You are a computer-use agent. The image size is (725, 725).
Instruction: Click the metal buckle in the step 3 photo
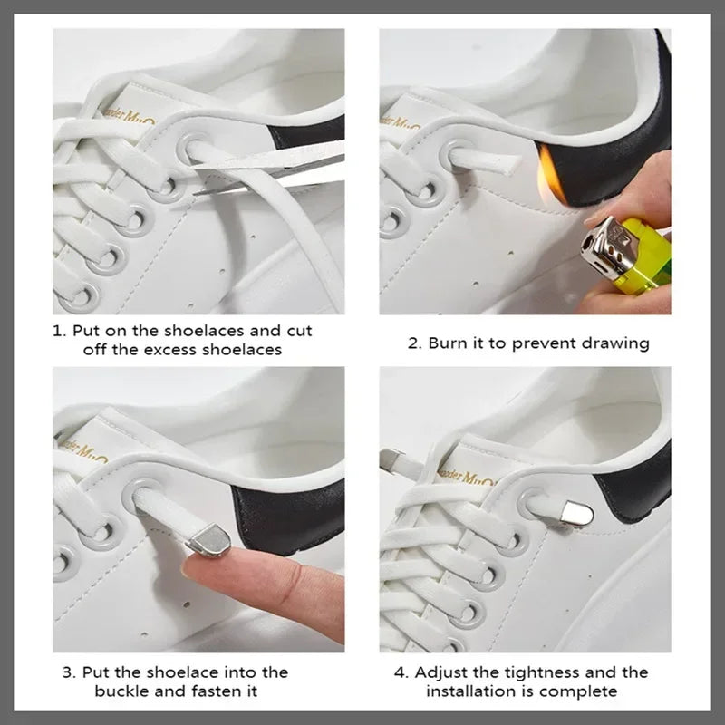click(206, 543)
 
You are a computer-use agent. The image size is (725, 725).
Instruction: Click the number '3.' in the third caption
click(69, 672)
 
